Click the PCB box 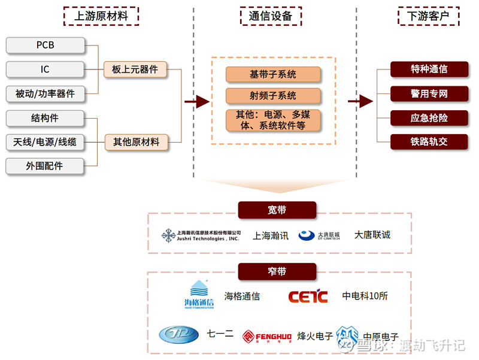[x=45, y=46]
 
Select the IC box [x=45, y=69]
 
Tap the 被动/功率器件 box [x=45, y=93]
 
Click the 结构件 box [x=45, y=118]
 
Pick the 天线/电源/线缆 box [x=45, y=142]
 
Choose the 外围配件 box [x=45, y=166]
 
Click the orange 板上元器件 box [x=135, y=69]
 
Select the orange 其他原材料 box [x=135, y=142]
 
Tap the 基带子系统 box [x=273, y=75]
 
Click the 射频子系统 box [x=273, y=96]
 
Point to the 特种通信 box [x=429, y=69]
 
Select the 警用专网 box [x=429, y=93]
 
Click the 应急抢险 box [x=429, y=118]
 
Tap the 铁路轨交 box [x=429, y=142]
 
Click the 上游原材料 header [x=101, y=16]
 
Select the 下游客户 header [x=428, y=16]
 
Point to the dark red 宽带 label [x=277, y=210]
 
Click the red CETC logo [x=308, y=296]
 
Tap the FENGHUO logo [x=266, y=337]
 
